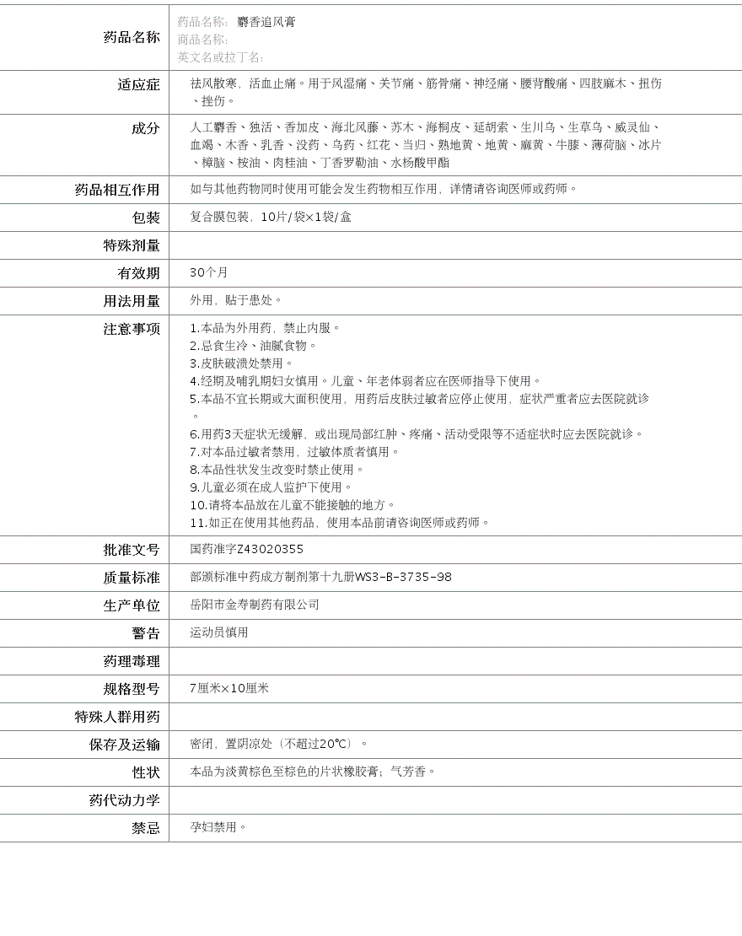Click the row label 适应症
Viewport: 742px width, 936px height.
[138, 84]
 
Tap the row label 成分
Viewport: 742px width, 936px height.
[145, 128]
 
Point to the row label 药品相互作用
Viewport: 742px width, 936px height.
[117, 190]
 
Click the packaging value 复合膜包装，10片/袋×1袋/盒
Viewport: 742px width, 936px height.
[270, 217]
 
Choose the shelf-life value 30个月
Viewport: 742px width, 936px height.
[208, 272]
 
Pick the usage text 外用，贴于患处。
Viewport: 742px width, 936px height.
[236, 300]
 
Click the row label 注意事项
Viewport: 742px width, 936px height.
[132, 329]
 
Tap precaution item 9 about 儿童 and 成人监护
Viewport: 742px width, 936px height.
[271, 487]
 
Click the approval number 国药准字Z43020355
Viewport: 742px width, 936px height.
[246, 549]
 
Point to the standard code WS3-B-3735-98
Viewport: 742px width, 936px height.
[403, 577]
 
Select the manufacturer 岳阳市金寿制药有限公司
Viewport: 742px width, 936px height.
[255, 605]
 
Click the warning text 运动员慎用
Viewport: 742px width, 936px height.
[218, 632]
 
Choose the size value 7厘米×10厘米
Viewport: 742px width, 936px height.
[229, 688]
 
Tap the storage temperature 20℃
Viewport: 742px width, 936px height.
[334, 744]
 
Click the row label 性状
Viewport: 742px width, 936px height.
[145, 772]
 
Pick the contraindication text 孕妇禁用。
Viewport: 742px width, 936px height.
[218, 827]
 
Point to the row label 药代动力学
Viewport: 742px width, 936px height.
[124, 800]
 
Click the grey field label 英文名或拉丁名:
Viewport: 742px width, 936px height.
[220, 57]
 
